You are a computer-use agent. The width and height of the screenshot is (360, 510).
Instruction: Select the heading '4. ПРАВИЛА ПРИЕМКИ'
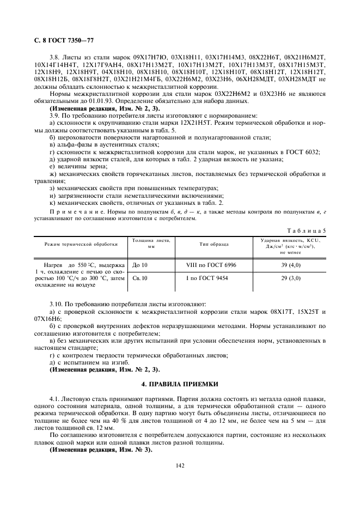tap(179, 384)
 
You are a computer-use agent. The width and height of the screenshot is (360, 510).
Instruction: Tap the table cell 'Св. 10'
tap(141, 278)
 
